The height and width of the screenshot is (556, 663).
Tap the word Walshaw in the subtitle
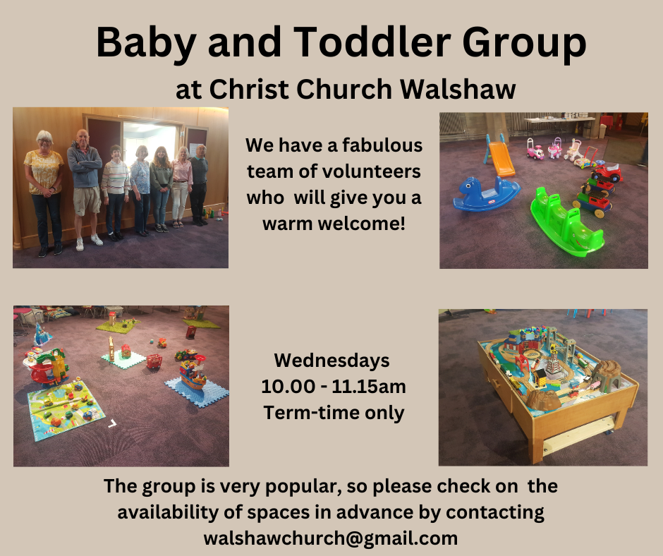[458, 90]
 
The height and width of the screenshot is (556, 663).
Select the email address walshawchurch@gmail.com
[331, 538]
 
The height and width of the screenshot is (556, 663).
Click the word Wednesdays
[332, 361]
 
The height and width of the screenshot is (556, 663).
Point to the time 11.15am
[369, 387]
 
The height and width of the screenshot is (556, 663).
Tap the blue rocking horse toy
[486, 194]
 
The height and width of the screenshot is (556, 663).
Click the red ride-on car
[607, 172]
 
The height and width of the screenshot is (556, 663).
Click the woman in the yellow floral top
[44, 193]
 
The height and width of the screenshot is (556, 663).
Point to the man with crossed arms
[85, 188]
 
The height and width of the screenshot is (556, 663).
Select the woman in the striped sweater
[115, 193]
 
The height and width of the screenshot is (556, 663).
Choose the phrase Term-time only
[334, 413]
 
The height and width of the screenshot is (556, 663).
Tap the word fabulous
[382, 145]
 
